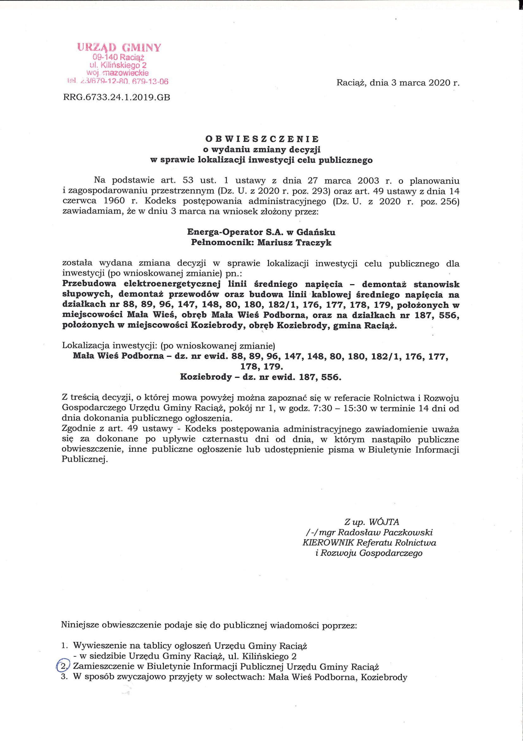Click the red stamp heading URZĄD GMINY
pos(119,48)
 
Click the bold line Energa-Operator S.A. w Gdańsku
pos(261,232)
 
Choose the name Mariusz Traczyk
pos(294,243)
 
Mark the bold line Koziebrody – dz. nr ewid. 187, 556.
pos(260,377)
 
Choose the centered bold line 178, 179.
pos(262,367)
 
